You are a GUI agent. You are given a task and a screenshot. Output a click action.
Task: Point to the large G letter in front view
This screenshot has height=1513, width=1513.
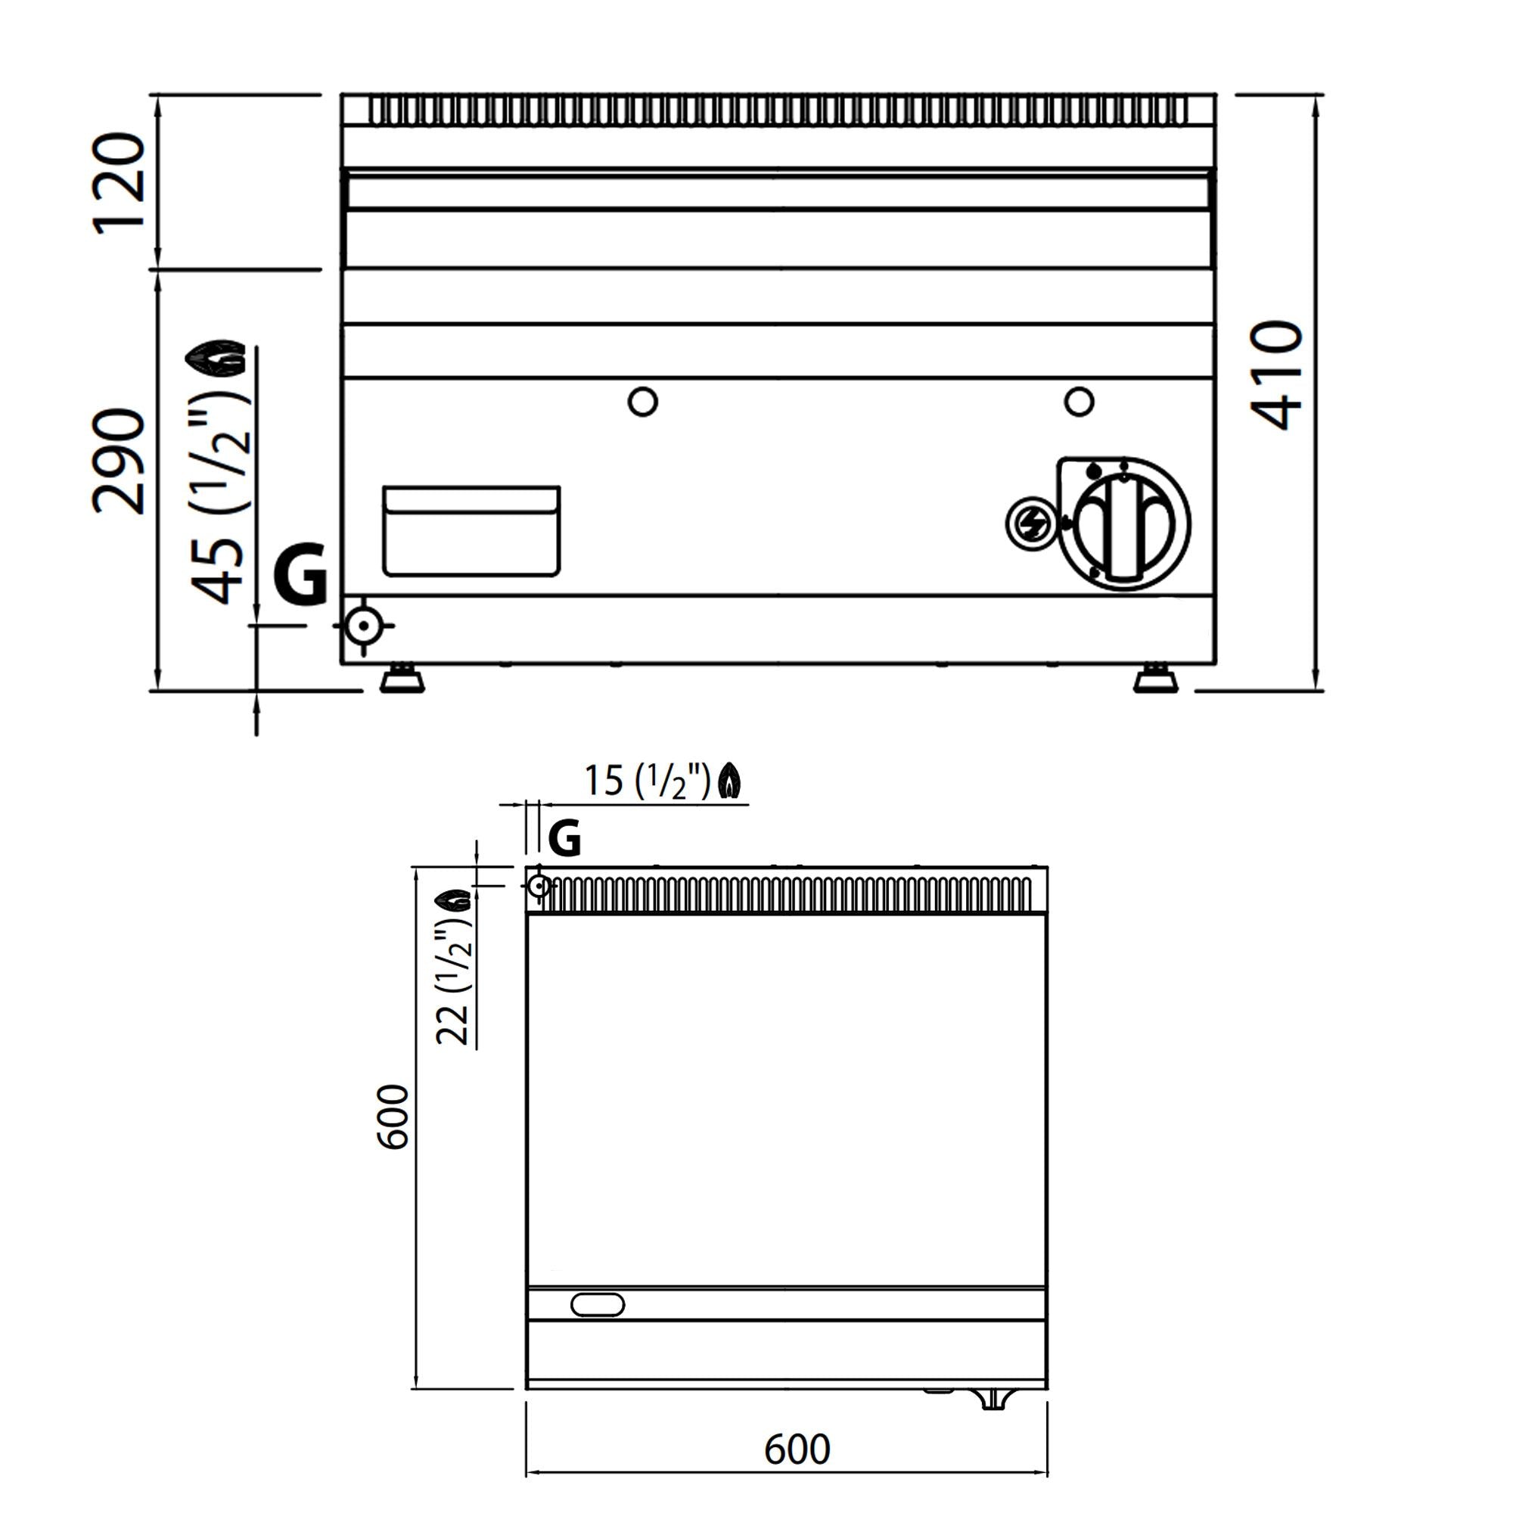point(300,573)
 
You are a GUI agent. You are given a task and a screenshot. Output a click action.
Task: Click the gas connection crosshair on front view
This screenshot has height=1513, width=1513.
point(363,626)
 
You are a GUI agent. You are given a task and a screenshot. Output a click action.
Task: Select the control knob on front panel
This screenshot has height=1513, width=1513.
point(1124,523)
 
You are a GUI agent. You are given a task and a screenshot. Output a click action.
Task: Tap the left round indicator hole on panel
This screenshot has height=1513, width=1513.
point(643,402)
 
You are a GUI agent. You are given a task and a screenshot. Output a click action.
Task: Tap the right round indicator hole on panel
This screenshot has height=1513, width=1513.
point(1080,402)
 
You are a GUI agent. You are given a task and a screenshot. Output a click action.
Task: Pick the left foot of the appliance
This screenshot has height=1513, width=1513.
point(402,679)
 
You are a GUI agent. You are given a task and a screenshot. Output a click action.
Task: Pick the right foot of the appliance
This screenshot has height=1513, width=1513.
point(1156,679)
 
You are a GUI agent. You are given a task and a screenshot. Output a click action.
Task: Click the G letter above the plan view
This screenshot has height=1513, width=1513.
point(564,839)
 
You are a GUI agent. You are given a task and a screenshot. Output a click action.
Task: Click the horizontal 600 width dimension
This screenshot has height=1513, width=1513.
point(797,1449)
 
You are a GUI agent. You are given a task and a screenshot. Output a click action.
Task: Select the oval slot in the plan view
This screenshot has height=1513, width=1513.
point(598,1305)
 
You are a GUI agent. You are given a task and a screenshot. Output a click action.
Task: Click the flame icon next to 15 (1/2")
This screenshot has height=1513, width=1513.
point(730,781)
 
